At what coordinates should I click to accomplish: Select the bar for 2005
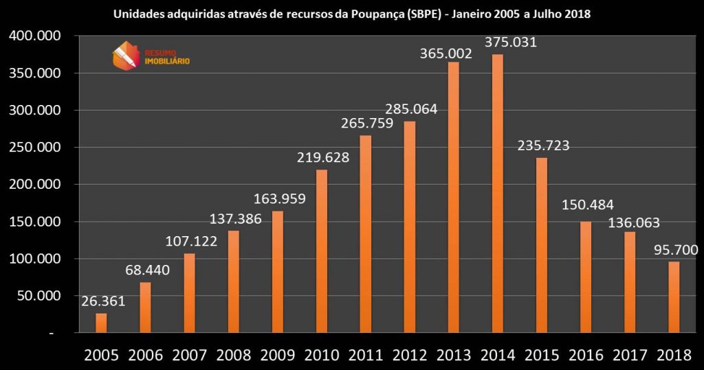pyautogui.click(x=101, y=323)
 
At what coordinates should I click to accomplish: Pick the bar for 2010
pyautogui.click(x=321, y=251)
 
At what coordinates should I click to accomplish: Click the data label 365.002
pyautogui.click(x=447, y=53)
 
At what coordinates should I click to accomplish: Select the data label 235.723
pyautogui.click(x=544, y=146)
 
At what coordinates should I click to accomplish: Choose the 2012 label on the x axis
pyautogui.click(x=410, y=355)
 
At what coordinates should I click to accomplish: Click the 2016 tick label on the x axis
pyautogui.click(x=586, y=355)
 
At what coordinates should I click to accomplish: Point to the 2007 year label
pyautogui.click(x=190, y=355)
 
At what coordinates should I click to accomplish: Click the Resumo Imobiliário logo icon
pyautogui.click(x=126, y=56)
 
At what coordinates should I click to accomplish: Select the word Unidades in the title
pyautogui.click(x=133, y=14)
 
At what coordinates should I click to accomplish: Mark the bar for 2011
pyautogui.click(x=365, y=234)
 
